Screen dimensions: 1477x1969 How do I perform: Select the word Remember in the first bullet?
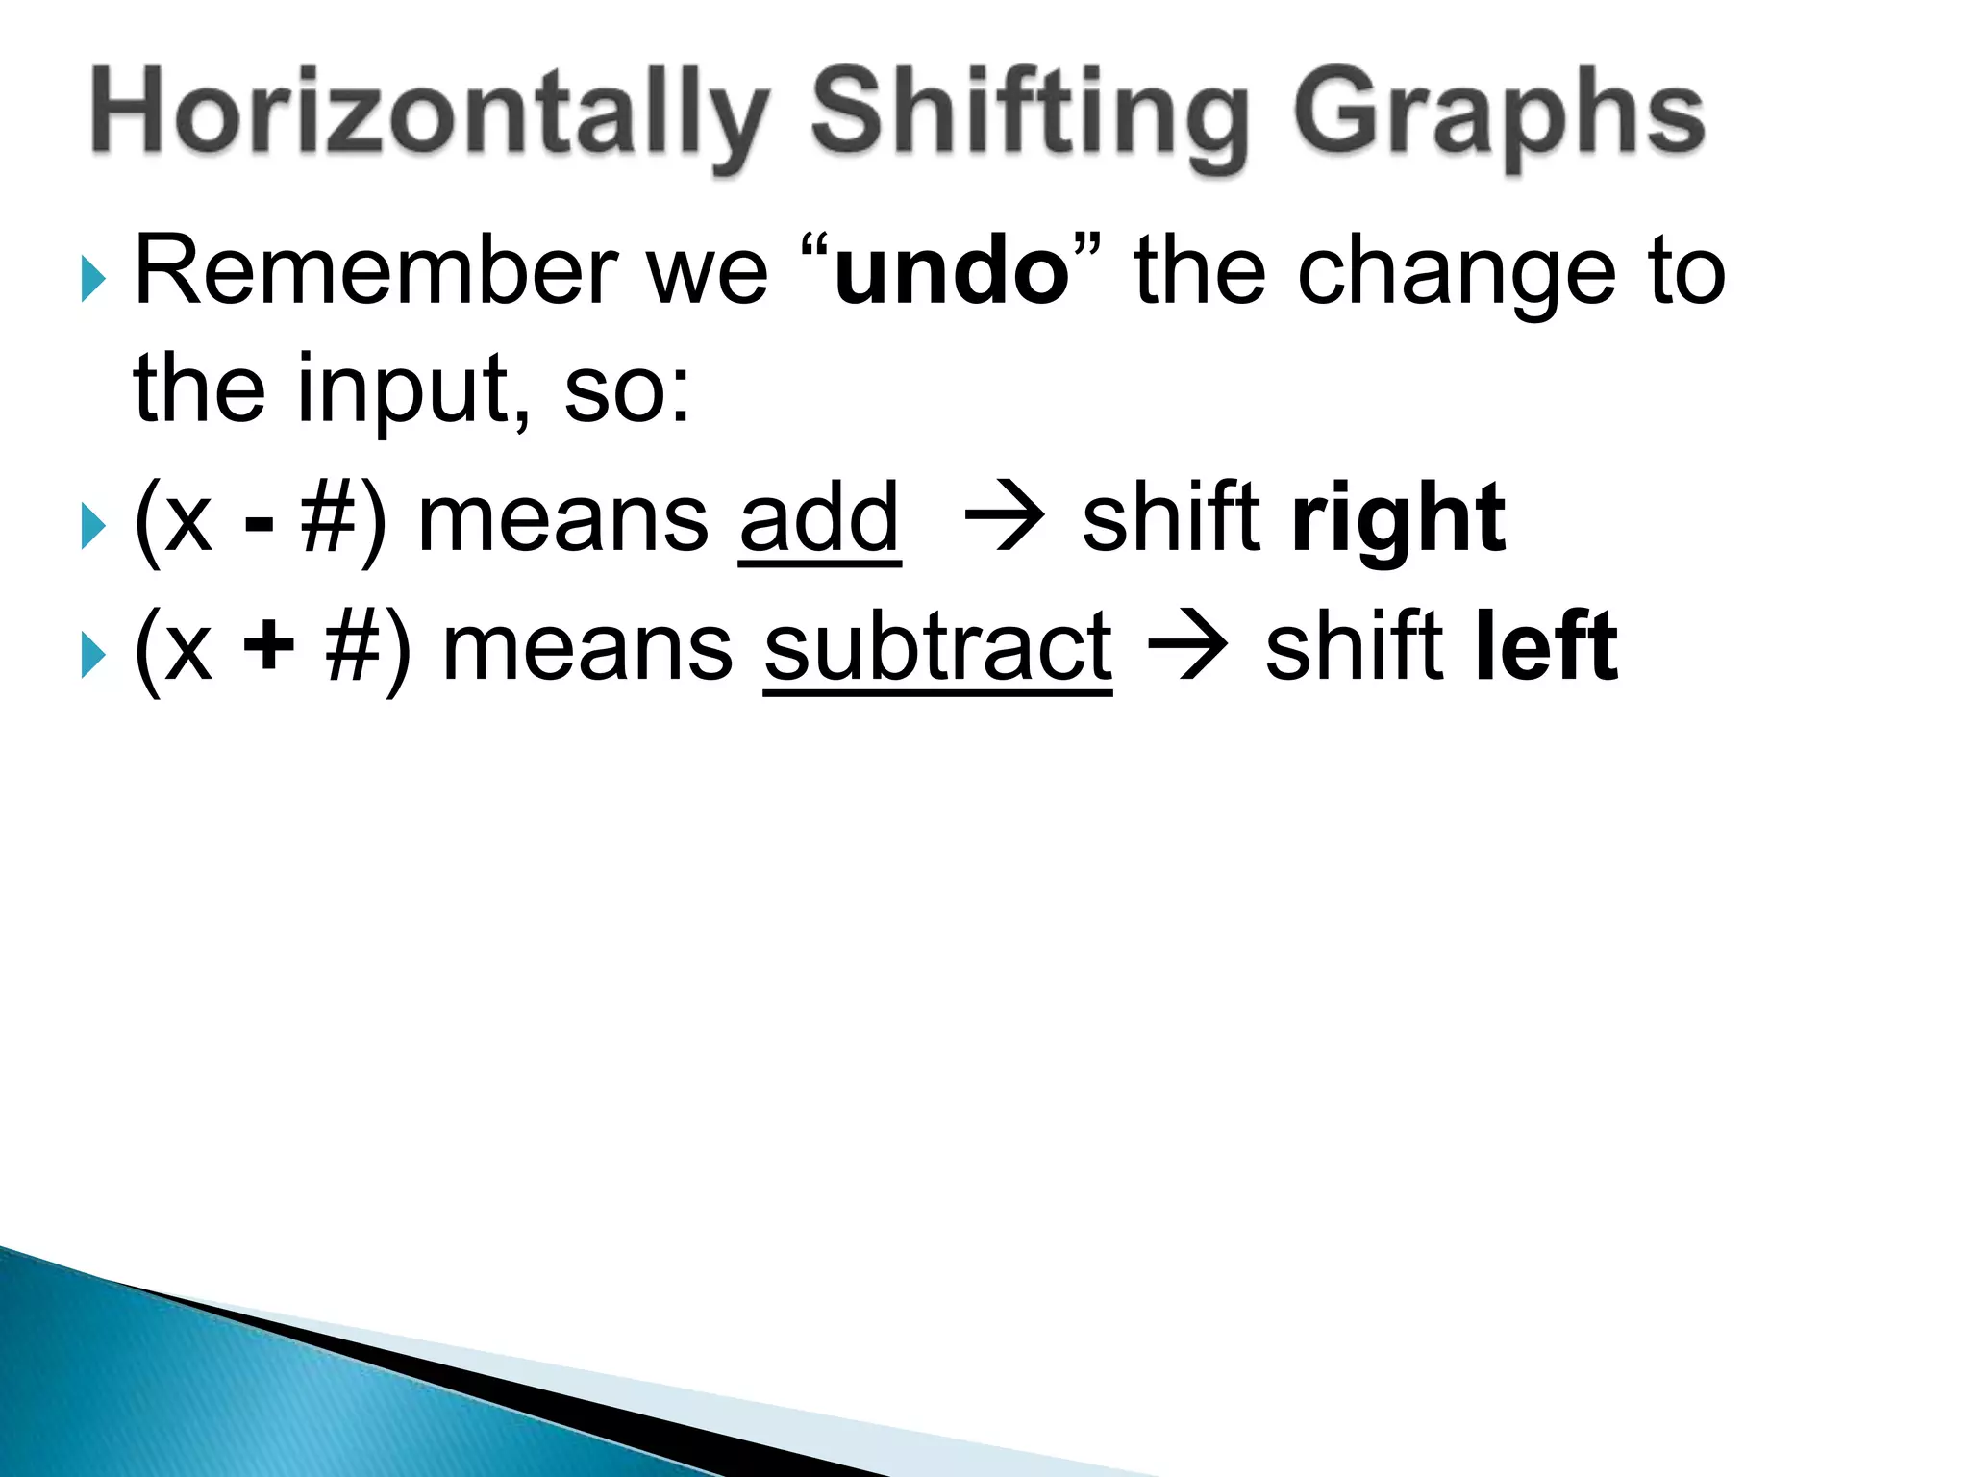click(x=375, y=272)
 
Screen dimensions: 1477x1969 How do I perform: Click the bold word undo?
click(x=951, y=273)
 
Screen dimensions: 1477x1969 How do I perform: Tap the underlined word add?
click(x=819, y=519)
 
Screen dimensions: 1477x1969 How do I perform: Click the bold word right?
click(x=1398, y=520)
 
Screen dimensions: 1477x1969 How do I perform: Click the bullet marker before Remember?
click(x=93, y=280)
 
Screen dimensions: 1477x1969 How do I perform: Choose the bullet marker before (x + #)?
click(x=93, y=656)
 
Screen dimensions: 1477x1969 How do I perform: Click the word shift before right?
click(x=1171, y=519)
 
